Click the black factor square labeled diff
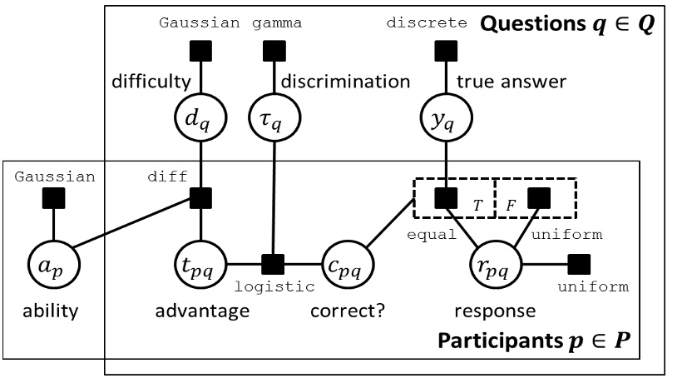(x=200, y=198)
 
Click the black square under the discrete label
(x=447, y=52)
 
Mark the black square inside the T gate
(x=447, y=198)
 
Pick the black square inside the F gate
(x=539, y=198)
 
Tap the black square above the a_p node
(x=54, y=198)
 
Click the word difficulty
(x=152, y=82)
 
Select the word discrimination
(x=345, y=82)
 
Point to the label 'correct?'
(x=344, y=312)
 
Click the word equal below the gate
(x=432, y=235)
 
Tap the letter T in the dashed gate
(x=477, y=204)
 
